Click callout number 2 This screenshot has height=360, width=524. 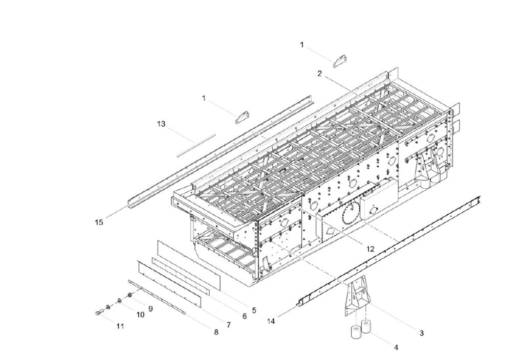(319, 74)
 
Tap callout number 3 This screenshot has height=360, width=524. (421, 333)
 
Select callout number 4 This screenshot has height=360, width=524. (396, 347)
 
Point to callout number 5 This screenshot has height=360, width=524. (254, 310)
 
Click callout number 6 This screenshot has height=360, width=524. (244, 317)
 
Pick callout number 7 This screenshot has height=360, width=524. (228, 324)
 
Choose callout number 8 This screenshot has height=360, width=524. (216, 332)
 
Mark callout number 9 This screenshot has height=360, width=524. (150, 308)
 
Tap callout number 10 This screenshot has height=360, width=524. (140, 315)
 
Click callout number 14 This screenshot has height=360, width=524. (271, 321)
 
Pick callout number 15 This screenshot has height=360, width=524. (99, 222)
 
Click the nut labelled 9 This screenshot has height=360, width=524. (129, 295)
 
